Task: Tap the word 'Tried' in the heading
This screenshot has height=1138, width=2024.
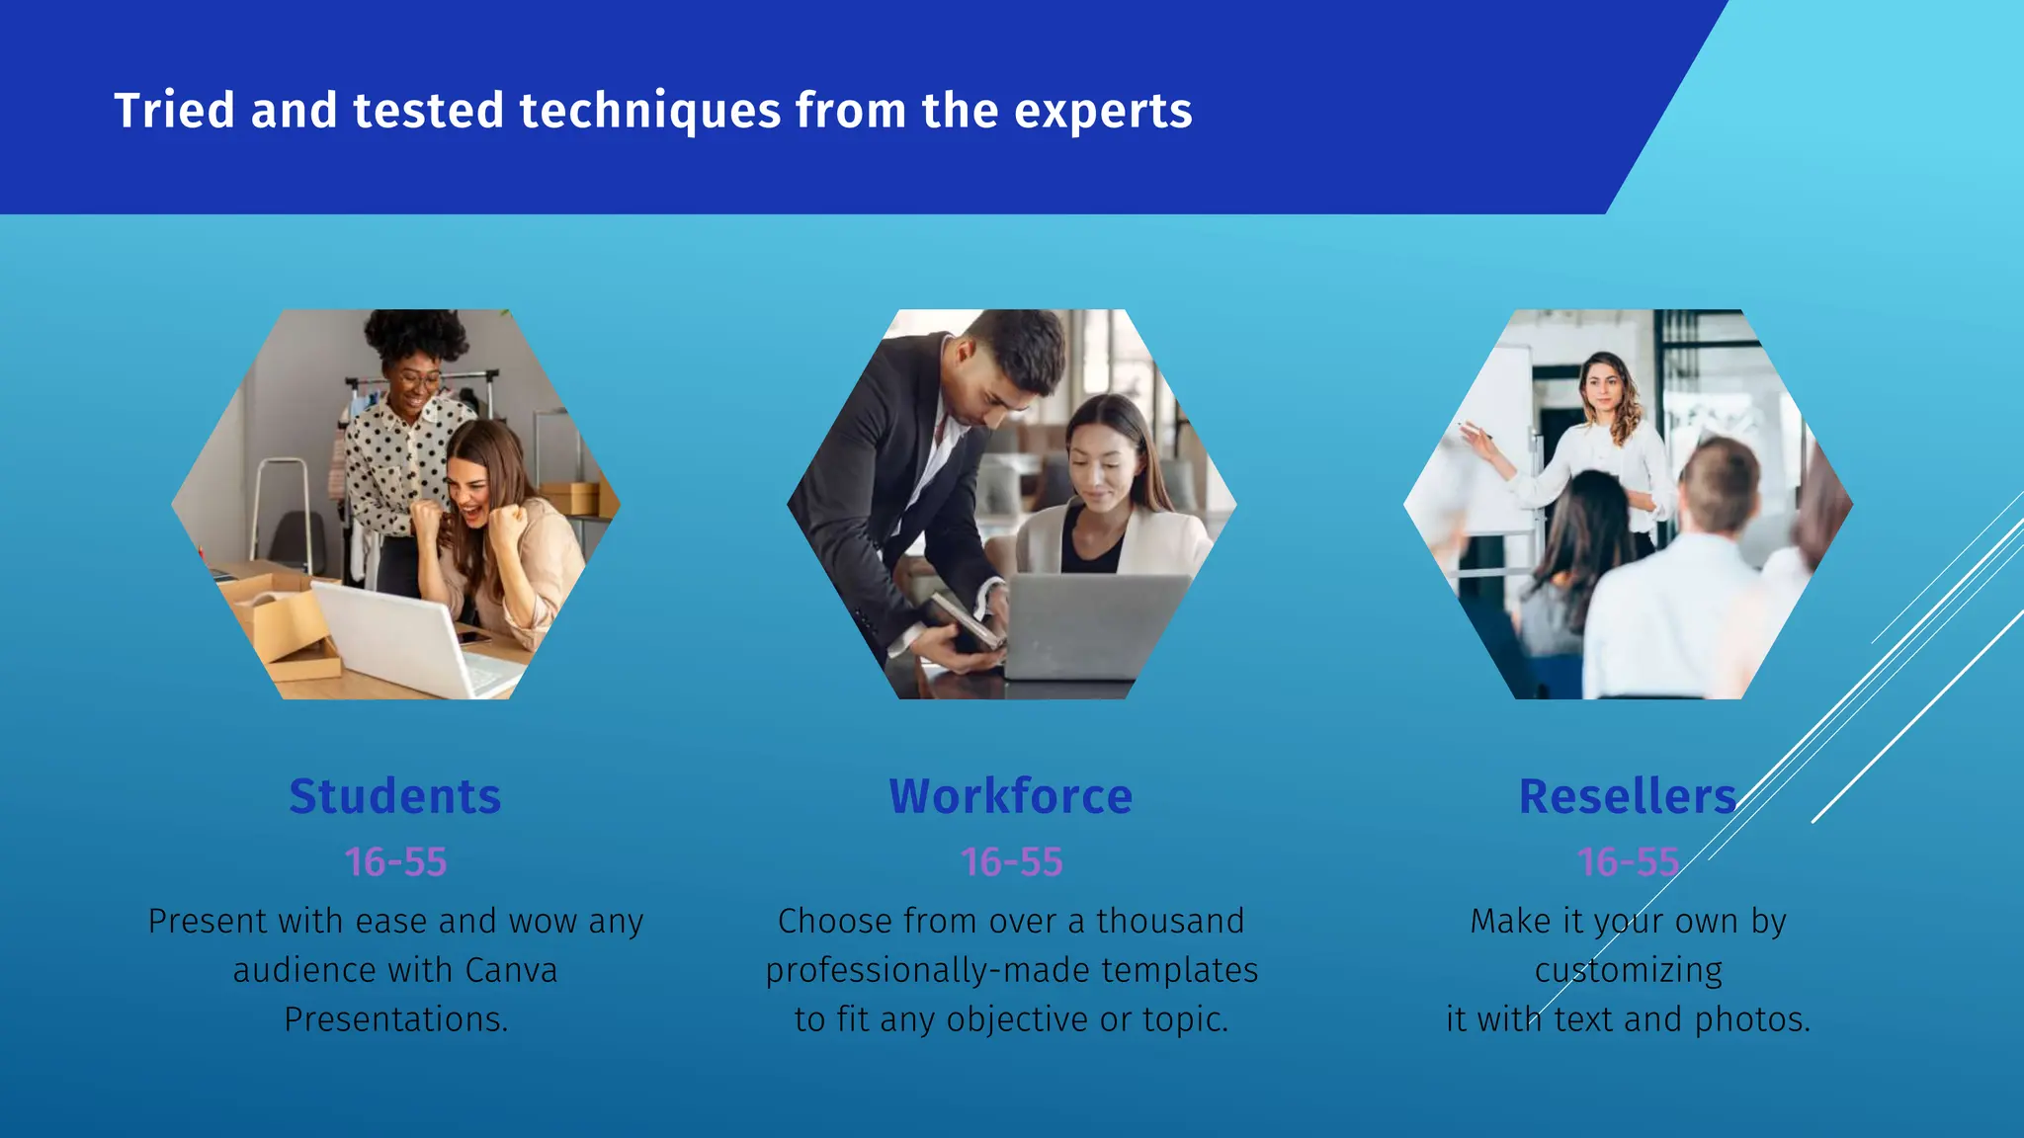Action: pos(174,110)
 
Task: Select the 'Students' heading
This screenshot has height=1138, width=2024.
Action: pos(395,796)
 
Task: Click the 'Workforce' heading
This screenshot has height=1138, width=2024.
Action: pos(1010,796)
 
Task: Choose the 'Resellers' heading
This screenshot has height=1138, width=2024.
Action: pos(1627,796)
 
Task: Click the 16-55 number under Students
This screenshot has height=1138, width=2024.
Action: pos(395,862)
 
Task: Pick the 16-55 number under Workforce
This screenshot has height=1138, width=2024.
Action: pos(1011,862)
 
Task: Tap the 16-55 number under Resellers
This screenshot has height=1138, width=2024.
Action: pos(1628,862)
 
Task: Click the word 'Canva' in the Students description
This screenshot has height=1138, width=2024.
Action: pos(510,970)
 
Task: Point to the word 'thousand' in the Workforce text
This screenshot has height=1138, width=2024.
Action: pos(1169,921)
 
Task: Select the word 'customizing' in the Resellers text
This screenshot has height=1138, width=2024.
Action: pos(1628,970)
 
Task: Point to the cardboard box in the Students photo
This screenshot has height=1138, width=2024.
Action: pos(277,622)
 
